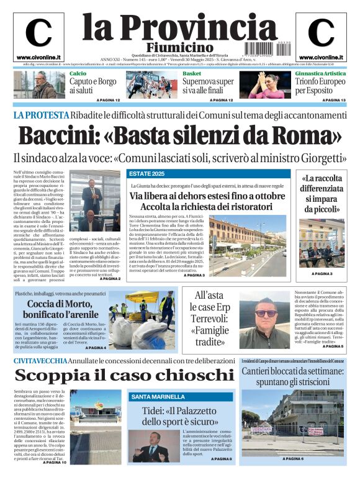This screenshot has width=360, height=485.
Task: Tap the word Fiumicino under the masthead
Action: pyautogui.click(x=179, y=48)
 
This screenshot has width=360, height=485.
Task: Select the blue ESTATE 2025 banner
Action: pyautogui.click(x=146, y=173)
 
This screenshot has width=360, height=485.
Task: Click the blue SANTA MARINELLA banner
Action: pyautogui.click(x=158, y=396)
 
